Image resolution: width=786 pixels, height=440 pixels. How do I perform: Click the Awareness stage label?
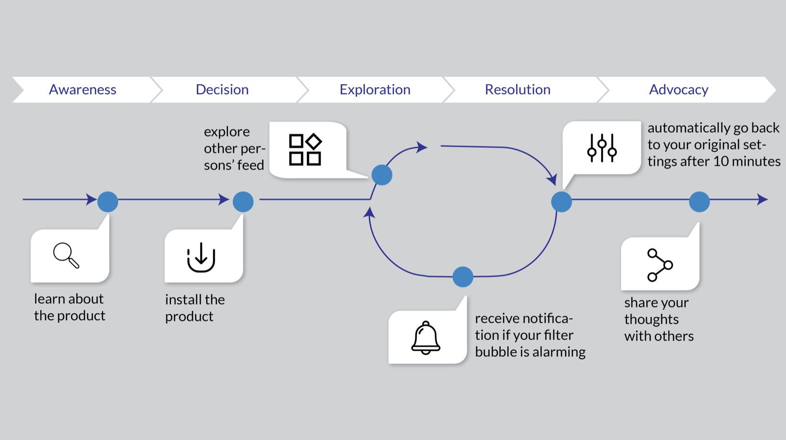[x=82, y=90]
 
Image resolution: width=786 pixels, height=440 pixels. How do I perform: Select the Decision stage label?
[x=222, y=90]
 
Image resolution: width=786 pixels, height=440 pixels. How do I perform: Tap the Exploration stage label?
[x=375, y=90]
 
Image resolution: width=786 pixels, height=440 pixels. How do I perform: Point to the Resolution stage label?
[x=517, y=90]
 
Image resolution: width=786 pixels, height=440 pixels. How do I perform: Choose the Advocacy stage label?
[x=679, y=90]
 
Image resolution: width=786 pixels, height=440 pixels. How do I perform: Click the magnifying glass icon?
[x=66, y=255]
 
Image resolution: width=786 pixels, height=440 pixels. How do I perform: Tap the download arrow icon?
[x=201, y=257]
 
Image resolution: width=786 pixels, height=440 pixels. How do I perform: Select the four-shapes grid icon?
[x=305, y=149]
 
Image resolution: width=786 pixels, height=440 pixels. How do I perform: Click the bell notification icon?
[x=426, y=338]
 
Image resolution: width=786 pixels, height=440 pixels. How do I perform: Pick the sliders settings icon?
[x=602, y=148]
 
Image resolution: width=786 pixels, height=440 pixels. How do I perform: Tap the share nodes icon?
[x=660, y=265]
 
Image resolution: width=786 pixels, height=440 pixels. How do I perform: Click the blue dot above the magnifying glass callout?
[x=108, y=202]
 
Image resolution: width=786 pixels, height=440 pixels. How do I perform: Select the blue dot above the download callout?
[x=243, y=202]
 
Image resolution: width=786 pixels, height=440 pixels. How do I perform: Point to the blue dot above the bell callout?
[x=463, y=277]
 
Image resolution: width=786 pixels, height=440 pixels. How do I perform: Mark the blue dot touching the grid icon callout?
[x=382, y=175]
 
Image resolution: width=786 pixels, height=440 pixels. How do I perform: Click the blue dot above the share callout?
[x=699, y=202]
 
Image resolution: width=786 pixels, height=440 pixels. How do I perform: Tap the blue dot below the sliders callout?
[x=561, y=202]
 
